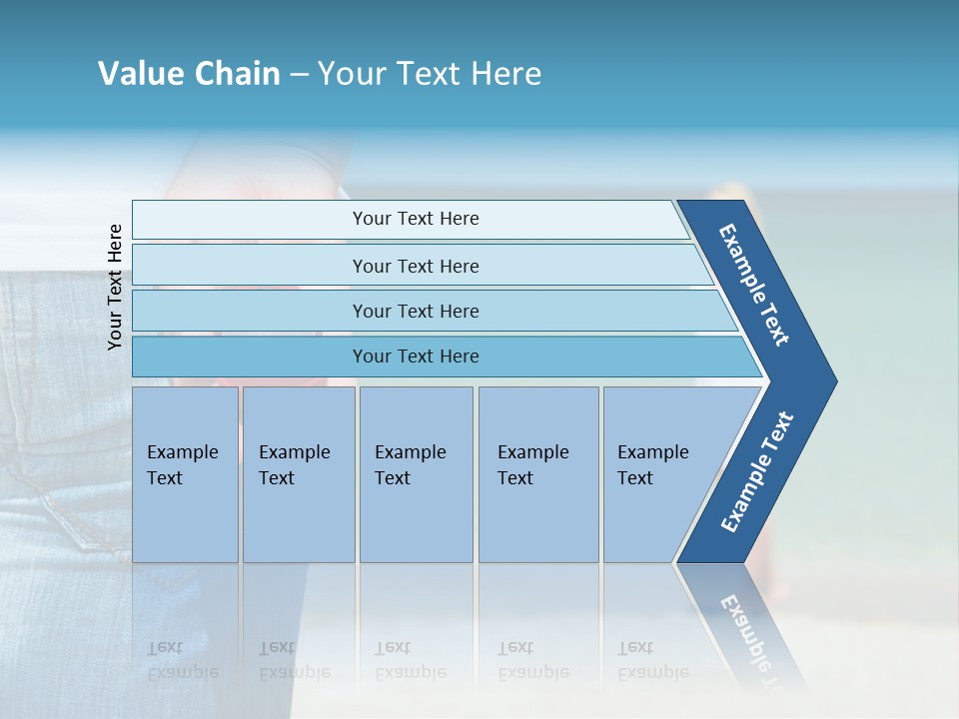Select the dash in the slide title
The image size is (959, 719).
[299, 75]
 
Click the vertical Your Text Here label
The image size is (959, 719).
[115, 288]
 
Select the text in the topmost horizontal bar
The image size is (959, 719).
[416, 219]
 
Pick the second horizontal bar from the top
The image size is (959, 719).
[416, 267]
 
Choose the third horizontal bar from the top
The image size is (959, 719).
[416, 312]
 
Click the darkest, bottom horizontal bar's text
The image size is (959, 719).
[416, 357]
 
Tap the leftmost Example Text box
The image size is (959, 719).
[183, 465]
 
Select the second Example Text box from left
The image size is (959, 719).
[295, 465]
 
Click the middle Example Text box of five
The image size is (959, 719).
[411, 465]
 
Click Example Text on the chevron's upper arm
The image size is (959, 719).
[754, 285]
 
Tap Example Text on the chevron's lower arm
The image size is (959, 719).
[757, 472]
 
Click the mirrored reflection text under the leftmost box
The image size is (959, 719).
[183, 659]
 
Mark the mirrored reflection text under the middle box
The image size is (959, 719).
[411, 659]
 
